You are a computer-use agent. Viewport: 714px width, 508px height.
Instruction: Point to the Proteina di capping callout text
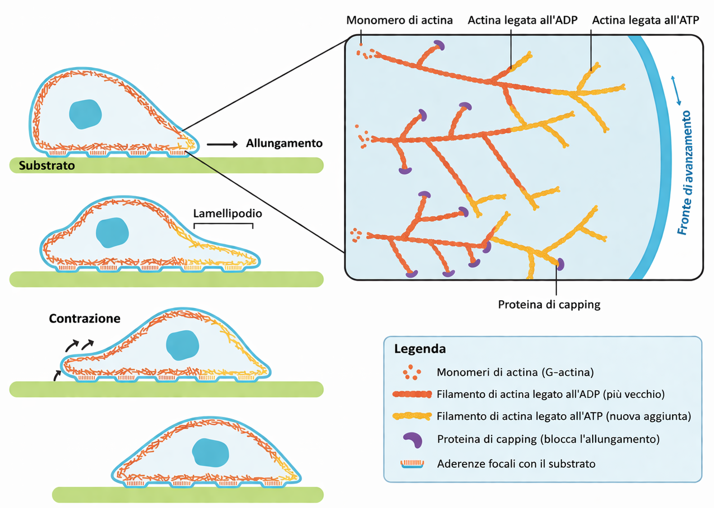pyautogui.click(x=549, y=305)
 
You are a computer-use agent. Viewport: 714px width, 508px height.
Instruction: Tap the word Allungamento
pyautogui.click(x=284, y=144)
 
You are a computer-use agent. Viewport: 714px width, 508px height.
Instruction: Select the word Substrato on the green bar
pyautogui.click(x=46, y=165)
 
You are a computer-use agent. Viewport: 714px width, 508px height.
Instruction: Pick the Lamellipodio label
pyautogui.click(x=228, y=213)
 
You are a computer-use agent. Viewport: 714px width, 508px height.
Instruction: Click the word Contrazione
pyautogui.click(x=84, y=319)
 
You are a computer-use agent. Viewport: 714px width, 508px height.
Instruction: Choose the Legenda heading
pyautogui.click(x=420, y=349)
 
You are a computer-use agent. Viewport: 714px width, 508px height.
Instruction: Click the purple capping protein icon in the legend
pyautogui.click(x=414, y=439)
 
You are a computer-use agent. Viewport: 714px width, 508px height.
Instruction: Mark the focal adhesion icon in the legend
pyautogui.click(x=414, y=463)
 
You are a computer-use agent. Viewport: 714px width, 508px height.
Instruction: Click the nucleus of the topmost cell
pyautogui.click(x=85, y=113)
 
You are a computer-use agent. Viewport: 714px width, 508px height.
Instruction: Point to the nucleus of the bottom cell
pyautogui.click(x=210, y=452)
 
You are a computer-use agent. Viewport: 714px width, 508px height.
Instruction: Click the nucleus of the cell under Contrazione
pyautogui.click(x=183, y=344)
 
